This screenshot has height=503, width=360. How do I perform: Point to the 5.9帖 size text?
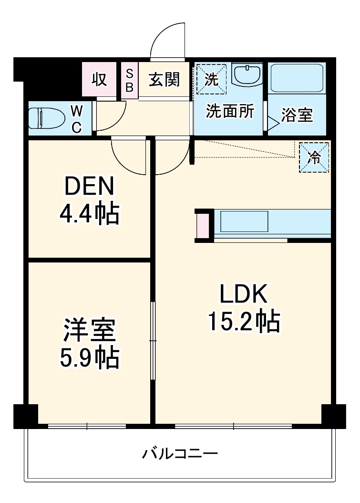[89, 357]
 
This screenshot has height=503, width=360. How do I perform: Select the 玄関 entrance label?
[165, 80]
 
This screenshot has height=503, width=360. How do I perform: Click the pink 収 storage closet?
[99, 80]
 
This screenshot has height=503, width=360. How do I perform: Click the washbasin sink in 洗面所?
[247, 75]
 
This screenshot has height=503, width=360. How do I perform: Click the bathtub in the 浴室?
[298, 79]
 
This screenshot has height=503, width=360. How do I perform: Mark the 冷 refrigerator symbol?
[314, 157]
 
